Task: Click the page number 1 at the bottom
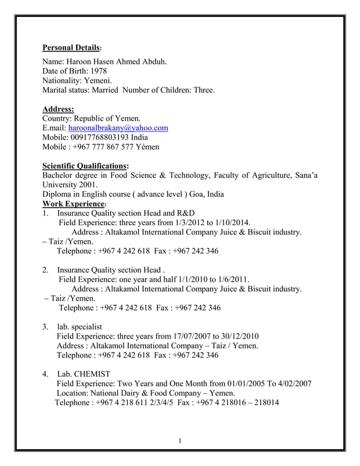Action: point(179,440)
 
